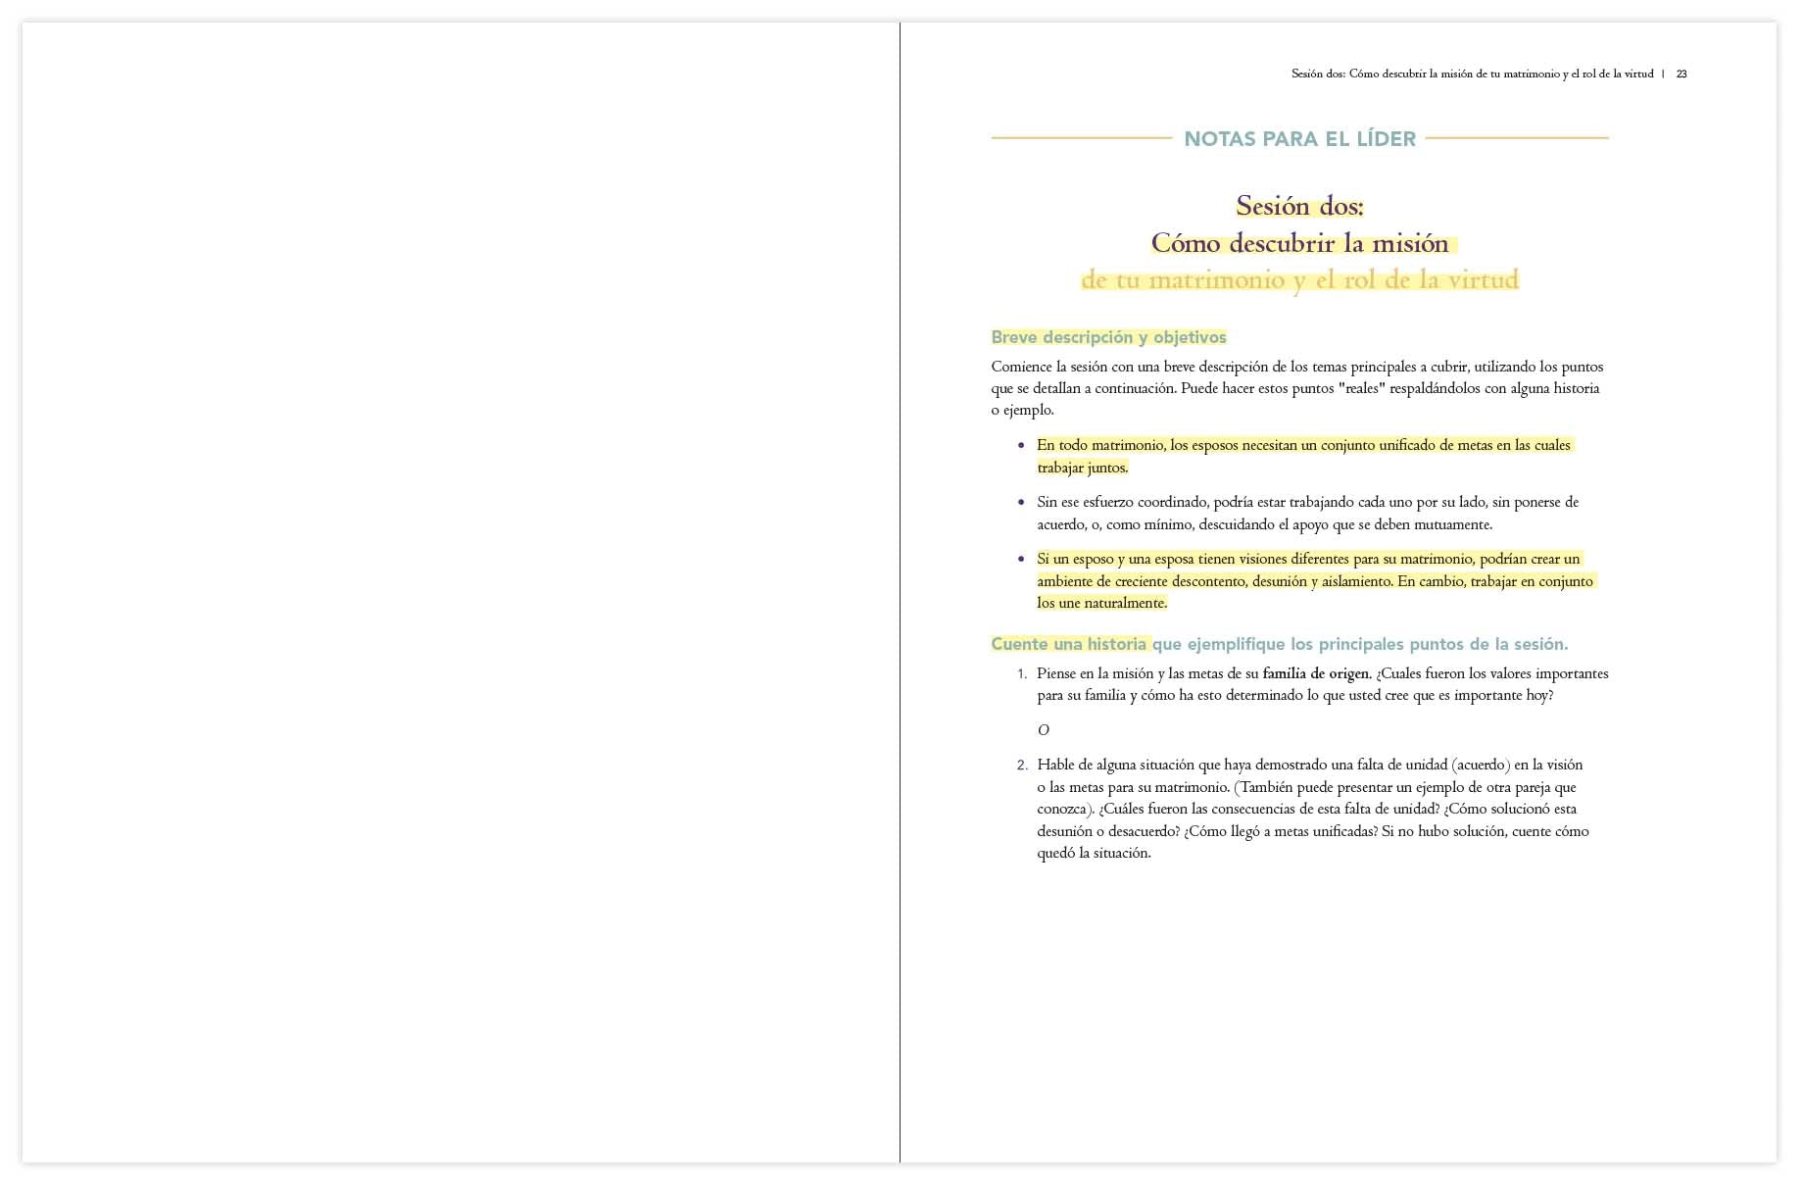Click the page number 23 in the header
[x=1681, y=74]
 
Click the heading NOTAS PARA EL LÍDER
[x=1299, y=139]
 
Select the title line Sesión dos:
[x=1299, y=206]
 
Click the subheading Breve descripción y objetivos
[x=1108, y=337]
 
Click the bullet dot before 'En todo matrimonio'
[x=1021, y=445]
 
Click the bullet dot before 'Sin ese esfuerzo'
[x=1021, y=502]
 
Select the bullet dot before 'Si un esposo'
[x=1021, y=559]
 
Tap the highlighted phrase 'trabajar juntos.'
[x=1083, y=468]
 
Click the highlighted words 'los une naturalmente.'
[x=1102, y=603]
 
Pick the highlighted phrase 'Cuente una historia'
[x=1069, y=644]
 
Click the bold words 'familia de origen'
[x=1316, y=673]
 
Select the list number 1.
[x=1022, y=674]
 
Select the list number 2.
[x=1022, y=766]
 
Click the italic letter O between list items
[x=1043, y=730]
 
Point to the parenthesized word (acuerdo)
[x=1481, y=765]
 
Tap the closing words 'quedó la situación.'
[x=1094, y=853]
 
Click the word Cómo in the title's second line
[x=1185, y=243]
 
